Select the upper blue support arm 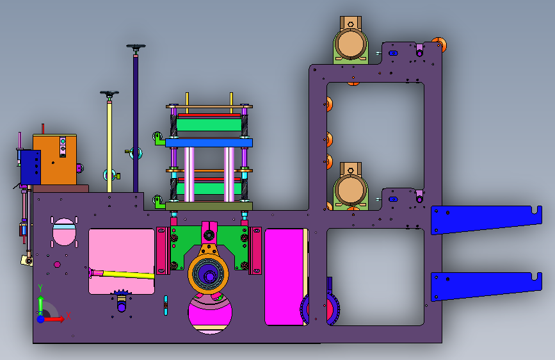pyautogui.click(x=486, y=219)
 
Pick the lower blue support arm pyautogui.click(x=486, y=286)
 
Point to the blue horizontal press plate pyautogui.click(x=209, y=143)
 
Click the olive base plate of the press pyautogui.click(x=209, y=206)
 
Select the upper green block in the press pyautogui.click(x=209, y=125)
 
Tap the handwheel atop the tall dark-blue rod pyautogui.click(x=136, y=46)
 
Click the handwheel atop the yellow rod pyautogui.click(x=109, y=94)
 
